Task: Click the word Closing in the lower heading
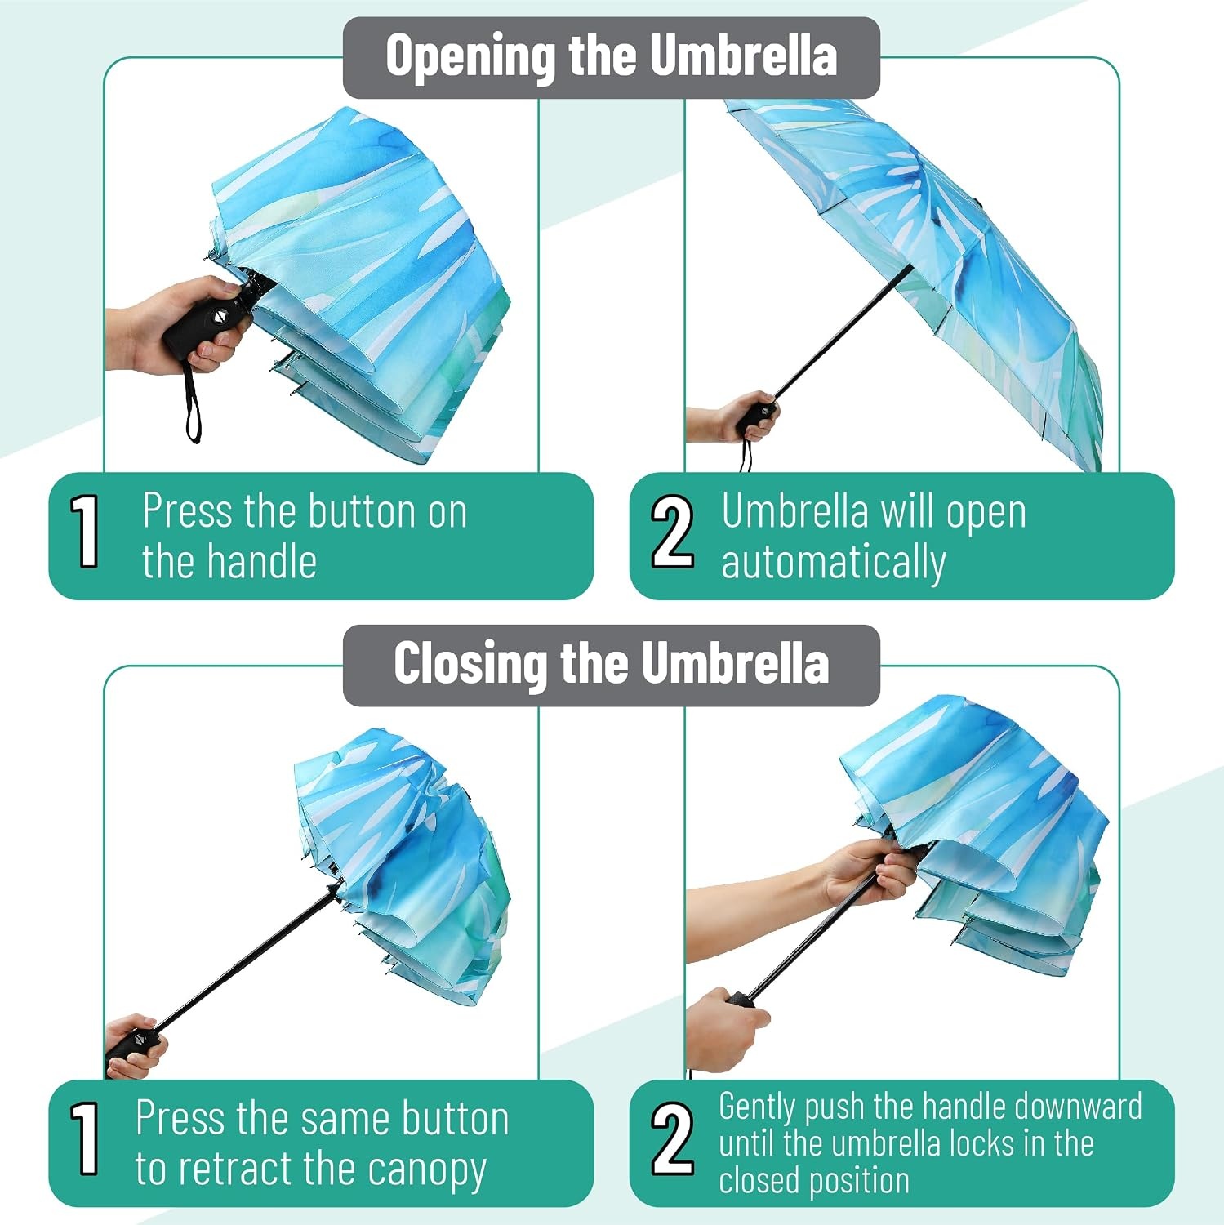[x=470, y=663]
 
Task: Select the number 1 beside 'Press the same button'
[x=85, y=1138]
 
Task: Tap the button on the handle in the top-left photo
[x=219, y=316]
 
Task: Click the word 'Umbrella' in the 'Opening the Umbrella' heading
[x=743, y=56]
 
